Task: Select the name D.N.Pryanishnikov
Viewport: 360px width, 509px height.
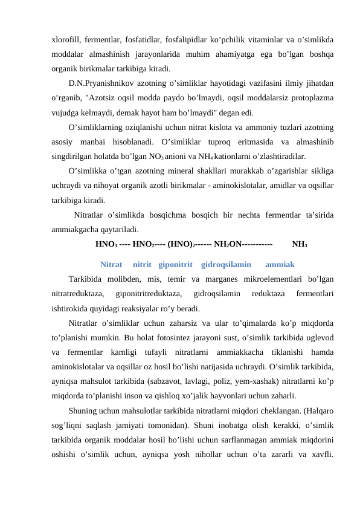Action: coord(103,82)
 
